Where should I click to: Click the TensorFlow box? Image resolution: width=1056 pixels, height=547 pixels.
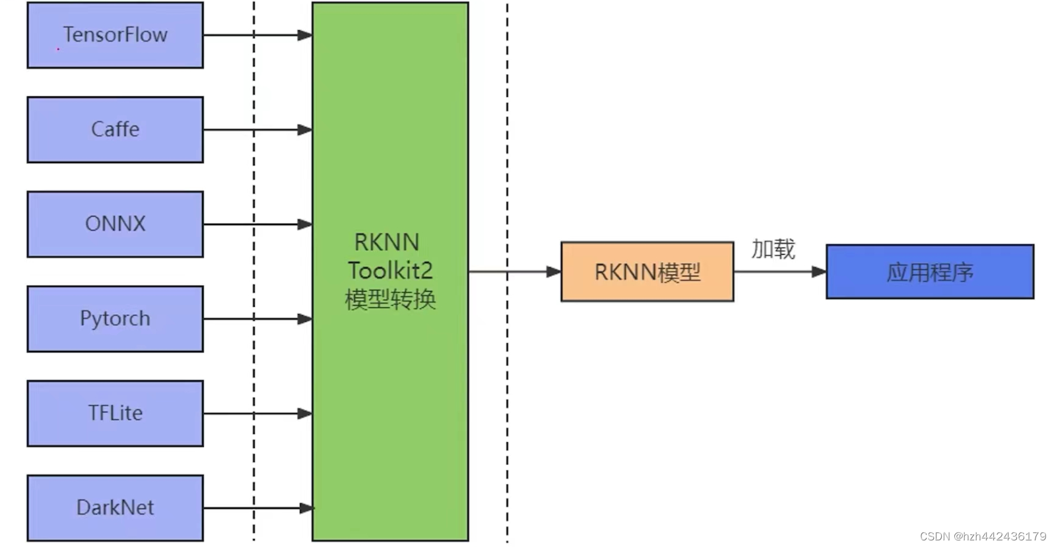coord(115,35)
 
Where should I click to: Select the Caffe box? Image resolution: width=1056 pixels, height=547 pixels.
coord(115,129)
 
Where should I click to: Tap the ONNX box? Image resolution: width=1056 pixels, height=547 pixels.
coord(115,224)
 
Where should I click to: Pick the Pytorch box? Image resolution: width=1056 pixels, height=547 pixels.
coord(115,319)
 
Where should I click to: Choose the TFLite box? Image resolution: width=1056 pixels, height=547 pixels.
coord(115,413)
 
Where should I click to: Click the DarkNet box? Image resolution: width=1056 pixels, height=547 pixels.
coord(115,507)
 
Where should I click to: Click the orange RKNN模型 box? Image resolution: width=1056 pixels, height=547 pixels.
coord(647,272)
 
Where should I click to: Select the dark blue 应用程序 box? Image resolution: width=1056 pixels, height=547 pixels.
coord(929,272)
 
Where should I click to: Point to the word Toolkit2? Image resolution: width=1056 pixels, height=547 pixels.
coord(390,271)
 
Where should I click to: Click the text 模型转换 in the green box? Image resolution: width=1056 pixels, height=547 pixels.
coord(390,300)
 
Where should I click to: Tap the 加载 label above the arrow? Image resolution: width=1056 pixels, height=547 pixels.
coord(773,249)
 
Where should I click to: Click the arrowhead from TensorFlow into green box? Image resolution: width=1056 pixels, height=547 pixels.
coord(305,35)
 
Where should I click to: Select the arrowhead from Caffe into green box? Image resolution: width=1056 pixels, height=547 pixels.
coord(305,130)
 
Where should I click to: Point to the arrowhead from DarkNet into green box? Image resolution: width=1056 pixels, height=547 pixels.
coord(306,508)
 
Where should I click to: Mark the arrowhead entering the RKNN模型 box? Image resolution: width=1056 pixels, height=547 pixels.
coord(554,271)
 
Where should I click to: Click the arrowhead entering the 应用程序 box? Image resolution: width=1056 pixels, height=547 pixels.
coord(819,271)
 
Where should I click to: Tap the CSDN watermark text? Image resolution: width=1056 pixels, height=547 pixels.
coord(983,536)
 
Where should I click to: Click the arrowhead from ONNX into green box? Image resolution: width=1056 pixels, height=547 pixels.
coord(305,224)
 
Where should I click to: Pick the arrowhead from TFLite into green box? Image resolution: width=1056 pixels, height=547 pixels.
coord(305,414)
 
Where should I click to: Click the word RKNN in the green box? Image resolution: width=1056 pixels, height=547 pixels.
coord(387,242)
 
